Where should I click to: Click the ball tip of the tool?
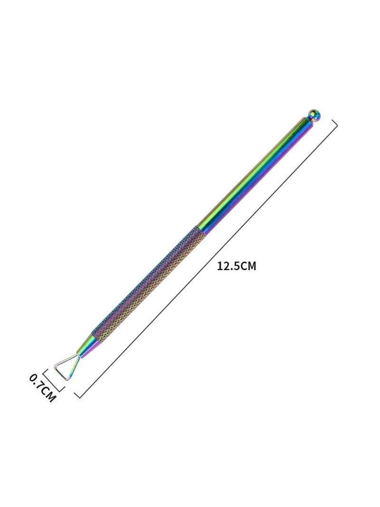[x=314, y=116]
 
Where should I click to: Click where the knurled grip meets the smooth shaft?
[x=200, y=231]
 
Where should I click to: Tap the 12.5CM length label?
[x=237, y=266]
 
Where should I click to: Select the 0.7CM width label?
[x=42, y=388]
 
